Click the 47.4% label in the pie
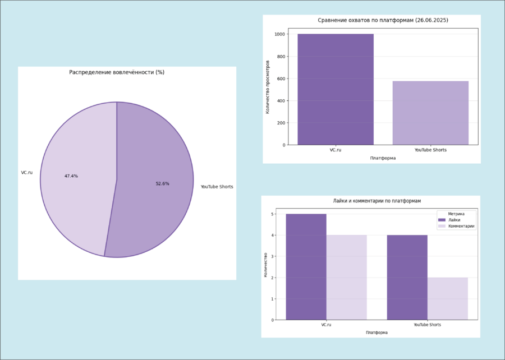[71, 176]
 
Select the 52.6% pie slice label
[162, 183]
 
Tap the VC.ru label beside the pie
[27, 172]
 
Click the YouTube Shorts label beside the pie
[217, 187]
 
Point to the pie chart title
[116, 72]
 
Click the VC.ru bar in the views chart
[336, 90]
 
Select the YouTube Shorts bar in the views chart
[430, 113]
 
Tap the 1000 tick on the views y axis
[279, 34]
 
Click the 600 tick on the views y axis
[281, 79]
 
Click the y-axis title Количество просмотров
[268, 86]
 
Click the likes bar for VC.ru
[306, 266]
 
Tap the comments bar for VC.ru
[346, 277]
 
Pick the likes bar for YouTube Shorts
[407, 277]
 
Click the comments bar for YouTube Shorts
[447, 298]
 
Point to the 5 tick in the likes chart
[272, 214]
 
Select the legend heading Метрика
[456, 214]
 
